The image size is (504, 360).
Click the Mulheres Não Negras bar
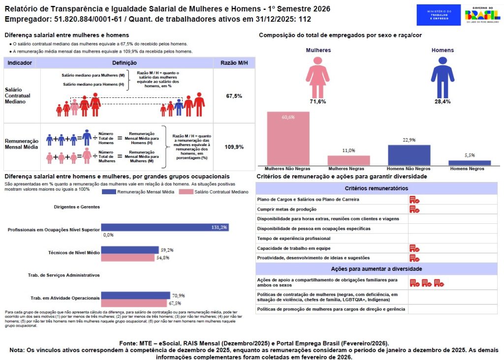288,138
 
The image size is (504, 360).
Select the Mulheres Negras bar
348,160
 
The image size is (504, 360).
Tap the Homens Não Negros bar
409,155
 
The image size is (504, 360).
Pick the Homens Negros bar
470,162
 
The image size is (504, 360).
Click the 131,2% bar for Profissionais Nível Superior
165,228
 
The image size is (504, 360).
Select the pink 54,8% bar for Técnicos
129,257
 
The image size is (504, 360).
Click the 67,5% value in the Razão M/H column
234,96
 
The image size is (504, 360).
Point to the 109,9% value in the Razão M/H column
234,147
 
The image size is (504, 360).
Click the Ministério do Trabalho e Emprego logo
439,15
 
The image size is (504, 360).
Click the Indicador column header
20,63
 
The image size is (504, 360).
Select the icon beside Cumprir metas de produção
414,209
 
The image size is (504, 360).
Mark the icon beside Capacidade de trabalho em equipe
414,248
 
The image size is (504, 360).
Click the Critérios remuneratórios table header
376,188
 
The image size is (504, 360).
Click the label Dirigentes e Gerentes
77,207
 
